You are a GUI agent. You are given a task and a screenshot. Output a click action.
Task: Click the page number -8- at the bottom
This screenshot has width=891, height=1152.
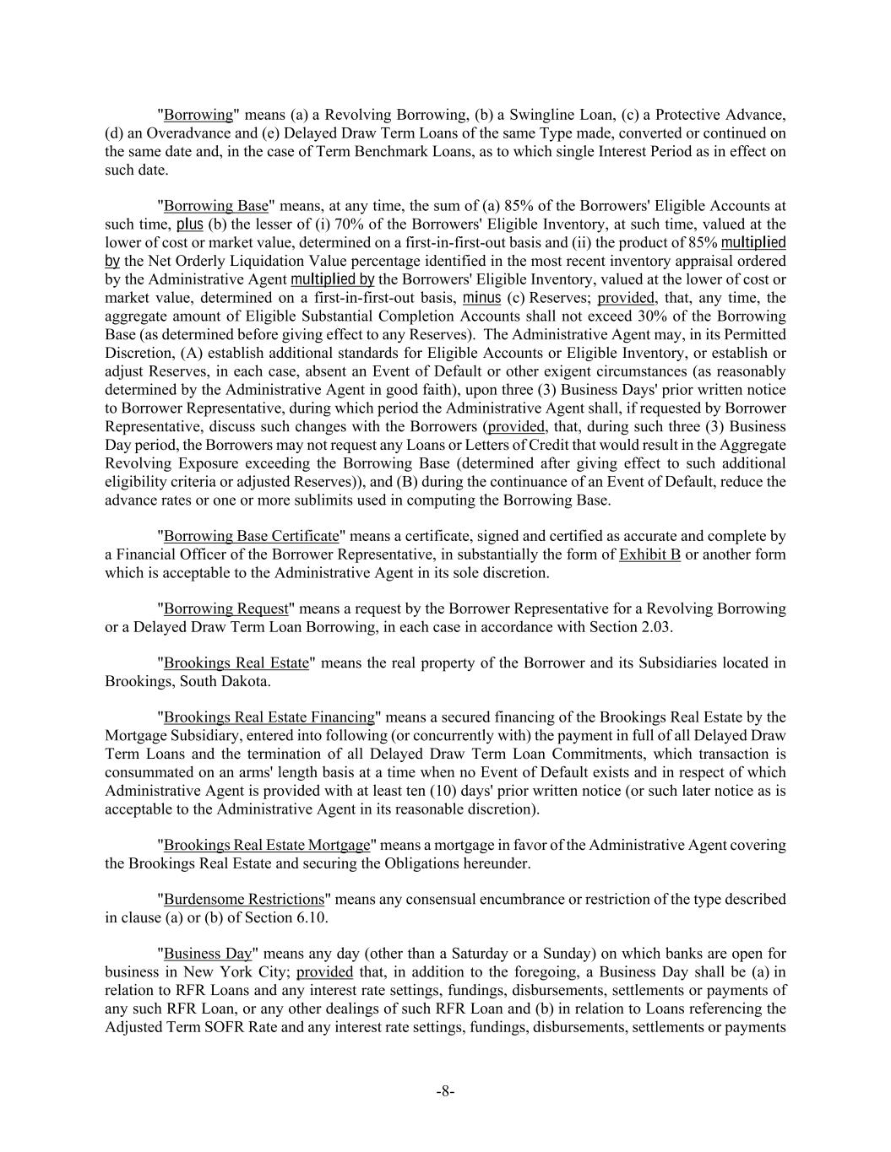pyautogui.click(x=445, y=1091)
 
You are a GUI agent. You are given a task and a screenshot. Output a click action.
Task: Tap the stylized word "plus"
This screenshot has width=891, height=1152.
pyautogui.click(x=189, y=224)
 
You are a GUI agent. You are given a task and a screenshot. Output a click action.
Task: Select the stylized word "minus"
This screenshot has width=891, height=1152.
pyautogui.click(x=481, y=298)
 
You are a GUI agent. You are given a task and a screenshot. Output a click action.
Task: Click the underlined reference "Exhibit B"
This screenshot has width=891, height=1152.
pyautogui.click(x=649, y=554)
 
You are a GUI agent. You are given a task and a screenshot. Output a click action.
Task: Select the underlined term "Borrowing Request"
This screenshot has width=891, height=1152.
pyautogui.click(x=226, y=608)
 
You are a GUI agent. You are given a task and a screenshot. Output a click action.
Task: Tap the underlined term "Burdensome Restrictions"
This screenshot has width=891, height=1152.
pyautogui.click(x=244, y=899)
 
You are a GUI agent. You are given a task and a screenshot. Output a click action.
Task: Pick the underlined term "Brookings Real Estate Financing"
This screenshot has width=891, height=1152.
pyautogui.click(x=269, y=717)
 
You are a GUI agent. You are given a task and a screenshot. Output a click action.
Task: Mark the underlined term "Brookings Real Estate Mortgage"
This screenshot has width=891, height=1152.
pyautogui.click(x=267, y=845)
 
